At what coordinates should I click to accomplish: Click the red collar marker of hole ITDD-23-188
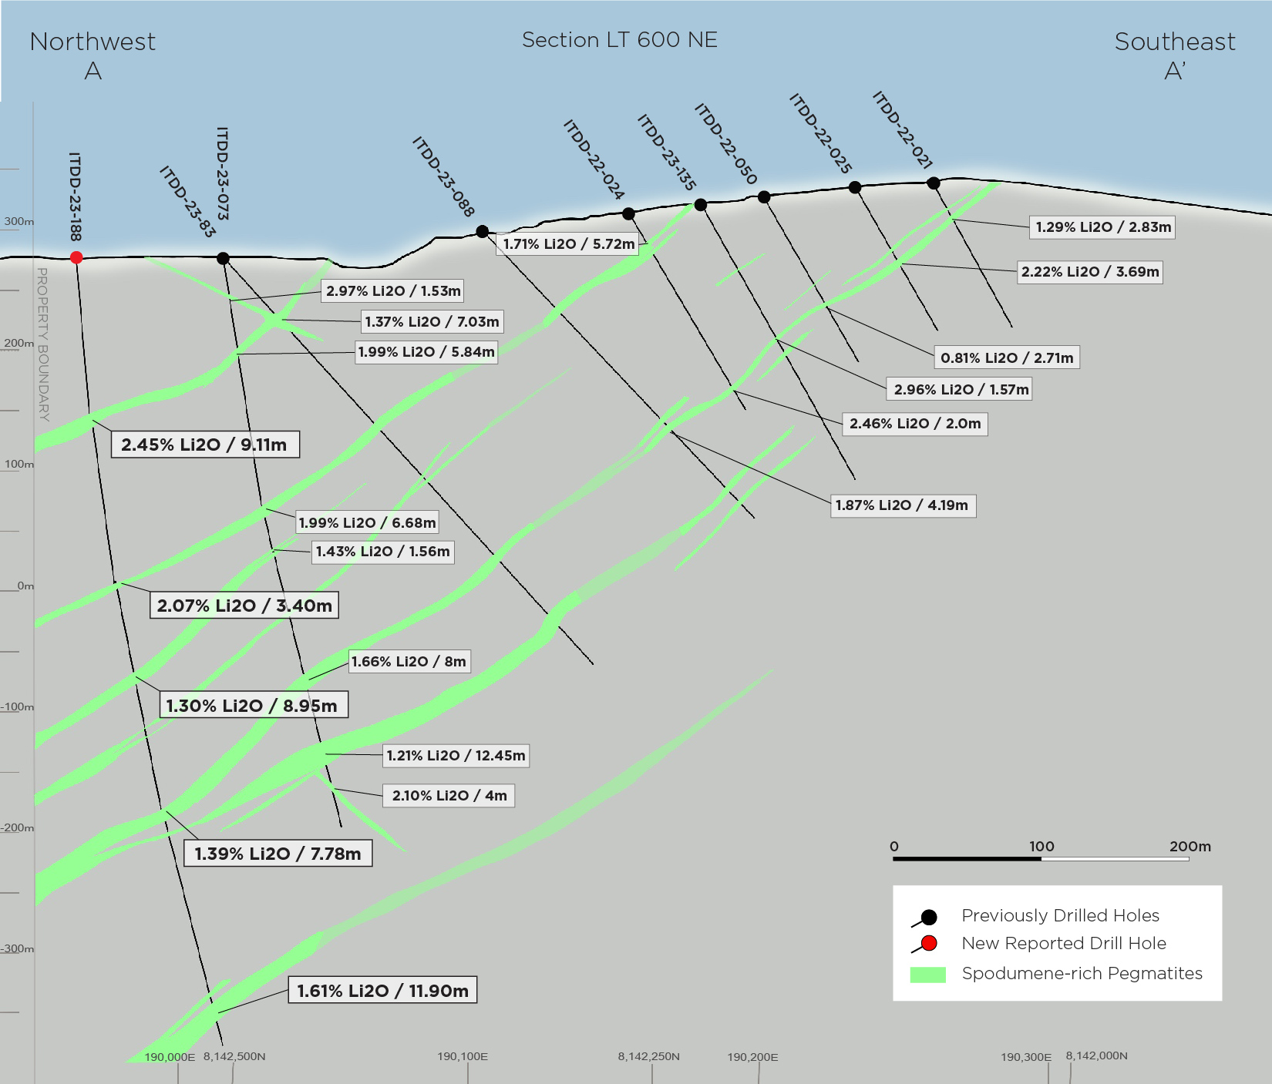[x=76, y=257]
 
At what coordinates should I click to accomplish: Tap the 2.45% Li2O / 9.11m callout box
[x=205, y=445]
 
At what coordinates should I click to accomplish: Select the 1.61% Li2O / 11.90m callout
[x=382, y=990]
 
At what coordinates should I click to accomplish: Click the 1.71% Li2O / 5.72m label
[x=569, y=244]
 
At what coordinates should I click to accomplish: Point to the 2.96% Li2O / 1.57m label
[x=961, y=389]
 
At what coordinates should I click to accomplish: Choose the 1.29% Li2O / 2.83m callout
[x=1103, y=227]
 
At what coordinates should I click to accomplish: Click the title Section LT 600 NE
[x=620, y=40]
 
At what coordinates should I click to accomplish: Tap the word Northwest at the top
[x=93, y=42]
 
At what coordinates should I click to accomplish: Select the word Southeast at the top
[x=1175, y=42]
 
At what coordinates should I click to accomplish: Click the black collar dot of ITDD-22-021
[x=934, y=183]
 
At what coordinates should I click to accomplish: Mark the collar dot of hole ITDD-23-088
[x=483, y=231]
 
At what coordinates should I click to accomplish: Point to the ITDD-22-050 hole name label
[x=725, y=144]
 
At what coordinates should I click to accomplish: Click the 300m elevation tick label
[x=19, y=221]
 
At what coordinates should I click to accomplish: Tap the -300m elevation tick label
[x=17, y=948]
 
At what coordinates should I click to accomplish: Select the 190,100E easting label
[x=463, y=1056]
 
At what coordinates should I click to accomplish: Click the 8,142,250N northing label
[x=648, y=1056]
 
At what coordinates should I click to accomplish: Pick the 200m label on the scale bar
[x=1190, y=846]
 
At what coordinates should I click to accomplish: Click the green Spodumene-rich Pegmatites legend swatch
[x=928, y=975]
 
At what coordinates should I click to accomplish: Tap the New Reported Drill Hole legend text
[x=1064, y=943]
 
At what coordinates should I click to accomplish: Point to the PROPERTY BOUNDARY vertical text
[x=43, y=344]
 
